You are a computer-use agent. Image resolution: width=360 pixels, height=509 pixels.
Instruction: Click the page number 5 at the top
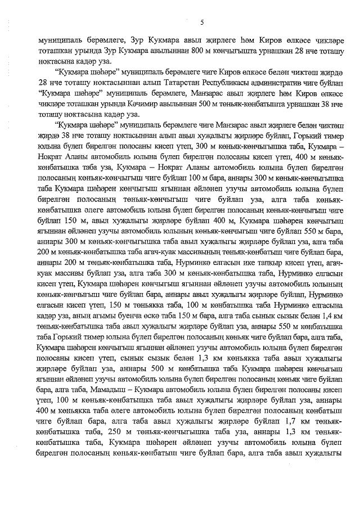[201, 22]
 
